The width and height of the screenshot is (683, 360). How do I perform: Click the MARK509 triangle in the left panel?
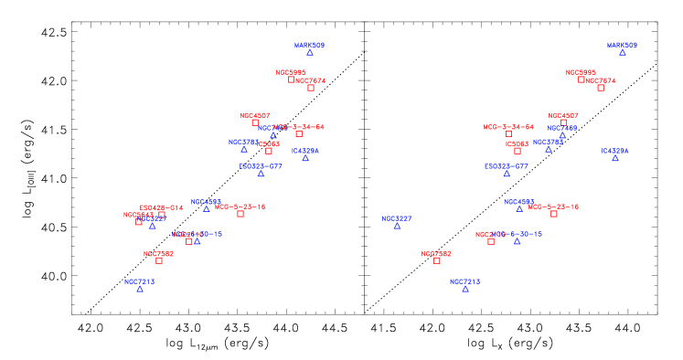click(310, 53)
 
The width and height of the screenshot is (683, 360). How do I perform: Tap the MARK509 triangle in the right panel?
click(623, 53)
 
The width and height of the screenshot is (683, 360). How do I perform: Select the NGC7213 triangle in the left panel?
click(140, 289)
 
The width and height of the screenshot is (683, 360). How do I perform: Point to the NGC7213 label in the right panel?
click(464, 281)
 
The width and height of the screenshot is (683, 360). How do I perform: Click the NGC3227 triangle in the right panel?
click(397, 227)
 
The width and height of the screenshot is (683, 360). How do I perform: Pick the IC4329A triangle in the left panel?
click(305, 159)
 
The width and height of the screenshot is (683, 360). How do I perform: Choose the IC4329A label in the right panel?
click(614, 151)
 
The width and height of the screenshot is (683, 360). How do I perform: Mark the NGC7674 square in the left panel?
click(311, 88)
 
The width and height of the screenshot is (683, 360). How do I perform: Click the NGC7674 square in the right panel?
click(601, 88)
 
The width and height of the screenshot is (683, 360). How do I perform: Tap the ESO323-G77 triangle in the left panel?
click(261, 174)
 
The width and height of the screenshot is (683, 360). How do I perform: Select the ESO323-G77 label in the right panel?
click(507, 166)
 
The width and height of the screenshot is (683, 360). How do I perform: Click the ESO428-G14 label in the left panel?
click(161, 207)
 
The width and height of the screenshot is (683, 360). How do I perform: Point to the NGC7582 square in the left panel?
click(159, 260)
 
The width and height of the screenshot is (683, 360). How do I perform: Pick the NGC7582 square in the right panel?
click(437, 260)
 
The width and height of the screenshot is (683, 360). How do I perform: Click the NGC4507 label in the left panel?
click(255, 115)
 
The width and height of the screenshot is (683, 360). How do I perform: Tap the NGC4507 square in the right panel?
click(563, 122)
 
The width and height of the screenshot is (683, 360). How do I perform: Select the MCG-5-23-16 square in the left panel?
click(240, 214)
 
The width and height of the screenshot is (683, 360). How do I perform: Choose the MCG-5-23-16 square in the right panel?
click(554, 214)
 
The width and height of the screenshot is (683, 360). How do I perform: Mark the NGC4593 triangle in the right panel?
click(519, 209)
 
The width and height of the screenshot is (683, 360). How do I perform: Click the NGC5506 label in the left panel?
click(292, 72)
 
